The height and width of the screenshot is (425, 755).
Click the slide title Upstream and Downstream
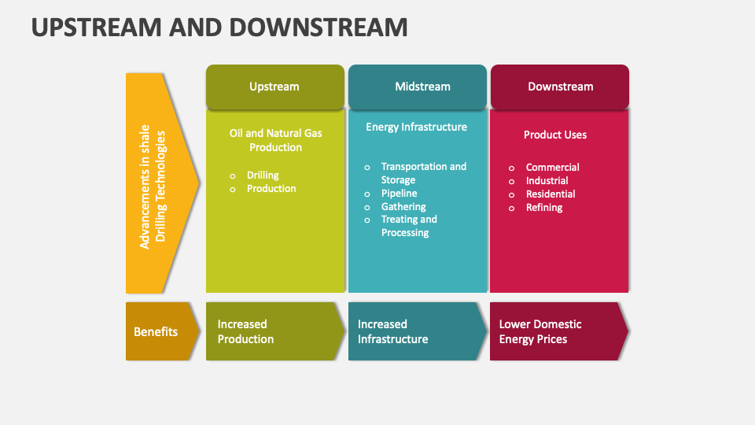click(219, 28)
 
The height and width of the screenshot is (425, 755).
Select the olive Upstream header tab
click(274, 87)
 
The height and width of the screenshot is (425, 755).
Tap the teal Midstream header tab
click(417, 87)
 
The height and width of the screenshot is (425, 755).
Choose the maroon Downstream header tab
click(560, 87)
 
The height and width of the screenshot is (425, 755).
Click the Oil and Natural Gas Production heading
click(275, 140)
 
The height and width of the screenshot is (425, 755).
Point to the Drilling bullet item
click(263, 175)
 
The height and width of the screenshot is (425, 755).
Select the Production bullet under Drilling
click(271, 188)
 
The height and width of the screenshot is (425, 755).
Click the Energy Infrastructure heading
click(416, 127)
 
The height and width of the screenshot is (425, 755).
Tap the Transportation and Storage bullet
click(423, 173)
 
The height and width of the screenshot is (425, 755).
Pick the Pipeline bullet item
click(399, 193)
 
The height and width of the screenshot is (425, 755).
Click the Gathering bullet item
click(403, 206)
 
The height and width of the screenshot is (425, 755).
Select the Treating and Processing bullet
click(408, 226)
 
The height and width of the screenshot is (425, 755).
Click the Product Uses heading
click(555, 135)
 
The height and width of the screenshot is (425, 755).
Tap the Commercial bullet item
click(552, 167)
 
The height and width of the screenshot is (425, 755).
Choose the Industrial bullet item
click(547, 180)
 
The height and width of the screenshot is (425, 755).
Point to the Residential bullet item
click(551, 194)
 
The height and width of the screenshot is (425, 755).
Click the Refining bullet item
click(544, 207)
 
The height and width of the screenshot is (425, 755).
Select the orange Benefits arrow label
click(156, 331)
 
